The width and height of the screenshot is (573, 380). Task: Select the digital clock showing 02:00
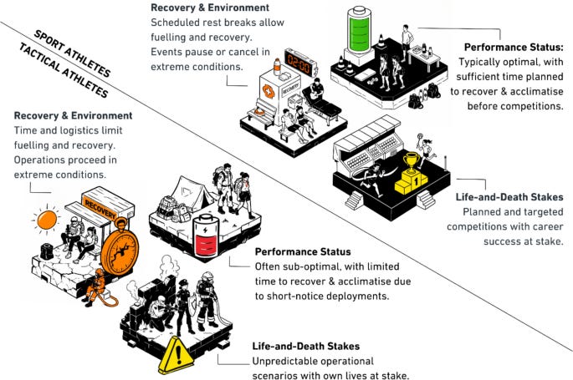(x=299, y=62)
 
